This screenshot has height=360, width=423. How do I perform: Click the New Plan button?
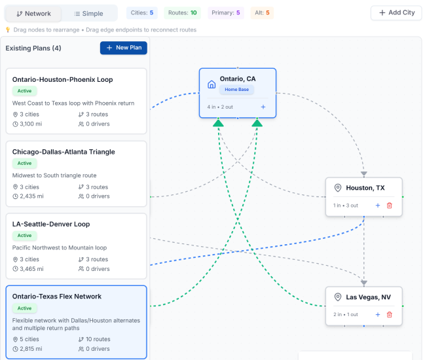point(124,48)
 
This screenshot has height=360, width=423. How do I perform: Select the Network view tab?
point(33,14)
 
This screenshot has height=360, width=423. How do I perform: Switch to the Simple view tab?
point(89,14)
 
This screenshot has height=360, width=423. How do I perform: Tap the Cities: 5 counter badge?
point(142,12)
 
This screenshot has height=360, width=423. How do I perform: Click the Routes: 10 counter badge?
point(183,12)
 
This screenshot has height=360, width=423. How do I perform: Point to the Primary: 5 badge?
point(226,12)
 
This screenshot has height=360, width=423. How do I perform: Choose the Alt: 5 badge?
point(262,12)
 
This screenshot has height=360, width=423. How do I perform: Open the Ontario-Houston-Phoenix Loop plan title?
point(63,80)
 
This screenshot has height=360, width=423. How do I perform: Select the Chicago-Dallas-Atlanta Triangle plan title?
point(64,152)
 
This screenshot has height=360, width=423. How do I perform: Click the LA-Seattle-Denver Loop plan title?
point(51,224)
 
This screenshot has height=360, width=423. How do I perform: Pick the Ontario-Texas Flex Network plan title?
point(57,297)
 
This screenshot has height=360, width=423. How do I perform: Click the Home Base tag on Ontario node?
point(237,89)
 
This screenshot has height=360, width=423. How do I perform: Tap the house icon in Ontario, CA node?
point(211,84)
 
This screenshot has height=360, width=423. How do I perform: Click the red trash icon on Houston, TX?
point(390,206)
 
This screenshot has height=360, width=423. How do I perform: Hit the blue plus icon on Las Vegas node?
point(378,314)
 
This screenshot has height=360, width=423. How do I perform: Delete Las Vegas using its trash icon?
point(390,314)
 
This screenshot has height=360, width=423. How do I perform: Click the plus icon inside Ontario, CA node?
point(263,107)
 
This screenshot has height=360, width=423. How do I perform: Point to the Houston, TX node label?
point(365,188)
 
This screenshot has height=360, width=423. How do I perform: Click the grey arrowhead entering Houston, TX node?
point(364,174)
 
